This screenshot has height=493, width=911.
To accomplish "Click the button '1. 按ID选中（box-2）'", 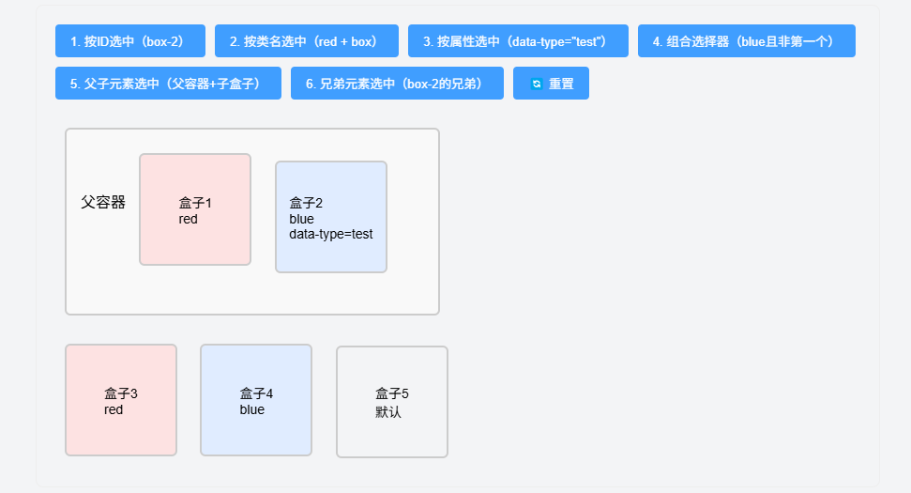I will tap(129, 41).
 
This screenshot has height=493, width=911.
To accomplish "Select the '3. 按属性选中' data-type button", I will tap(514, 41).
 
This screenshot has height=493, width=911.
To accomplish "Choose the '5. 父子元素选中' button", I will tap(168, 84).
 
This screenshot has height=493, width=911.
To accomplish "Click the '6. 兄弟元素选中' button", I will tap(397, 84).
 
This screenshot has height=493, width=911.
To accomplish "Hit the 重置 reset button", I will tap(551, 84).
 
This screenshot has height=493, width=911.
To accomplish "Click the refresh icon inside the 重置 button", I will tap(537, 84).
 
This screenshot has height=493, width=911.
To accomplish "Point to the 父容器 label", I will tap(103, 202).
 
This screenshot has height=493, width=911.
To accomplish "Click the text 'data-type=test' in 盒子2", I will tap(331, 234).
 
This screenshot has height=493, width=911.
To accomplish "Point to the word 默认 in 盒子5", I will tap(388, 411).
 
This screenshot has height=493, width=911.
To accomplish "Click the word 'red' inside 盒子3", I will tap(114, 409).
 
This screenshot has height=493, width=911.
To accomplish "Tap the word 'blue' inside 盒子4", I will tap(252, 409).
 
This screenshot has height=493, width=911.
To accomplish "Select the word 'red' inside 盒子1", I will tap(189, 219).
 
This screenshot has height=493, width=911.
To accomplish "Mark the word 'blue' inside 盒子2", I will tap(301, 219).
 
